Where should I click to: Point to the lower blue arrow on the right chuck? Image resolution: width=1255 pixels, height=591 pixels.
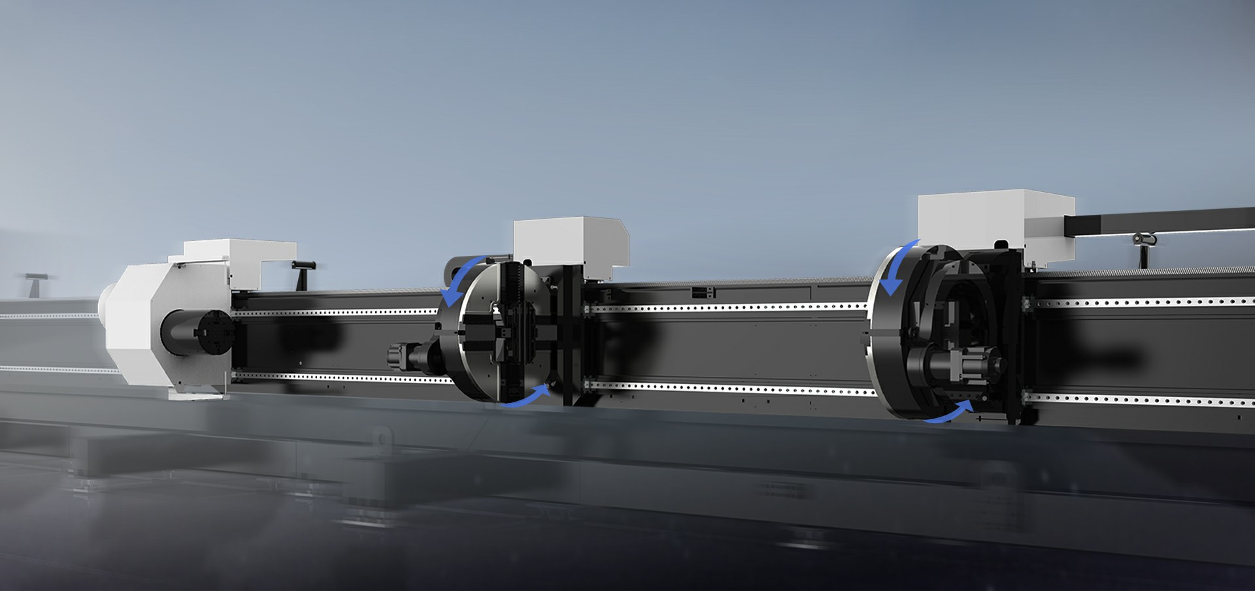(948, 413)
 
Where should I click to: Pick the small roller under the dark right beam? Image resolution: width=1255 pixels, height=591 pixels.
(1144, 242)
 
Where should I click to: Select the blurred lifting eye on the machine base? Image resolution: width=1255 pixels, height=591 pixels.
(381, 438)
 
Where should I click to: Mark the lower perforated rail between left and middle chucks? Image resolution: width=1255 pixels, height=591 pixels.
(340, 377)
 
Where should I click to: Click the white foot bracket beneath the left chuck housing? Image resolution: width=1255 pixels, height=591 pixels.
(196, 392)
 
